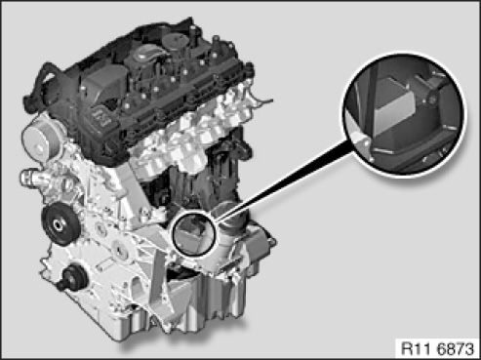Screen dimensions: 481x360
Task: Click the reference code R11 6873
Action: [438, 349]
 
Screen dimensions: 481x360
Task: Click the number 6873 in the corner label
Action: [456, 349]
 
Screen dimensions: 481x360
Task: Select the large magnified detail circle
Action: [403, 115]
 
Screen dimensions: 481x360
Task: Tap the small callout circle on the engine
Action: [194, 234]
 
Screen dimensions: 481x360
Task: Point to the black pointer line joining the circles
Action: [282, 182]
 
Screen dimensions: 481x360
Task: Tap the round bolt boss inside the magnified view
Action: [431, 100]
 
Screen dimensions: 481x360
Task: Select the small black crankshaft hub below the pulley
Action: [71, 277]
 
